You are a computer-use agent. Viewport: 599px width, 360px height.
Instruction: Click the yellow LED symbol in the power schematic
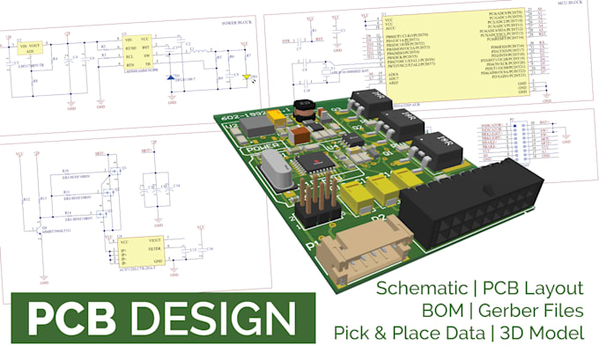(248, 77)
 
